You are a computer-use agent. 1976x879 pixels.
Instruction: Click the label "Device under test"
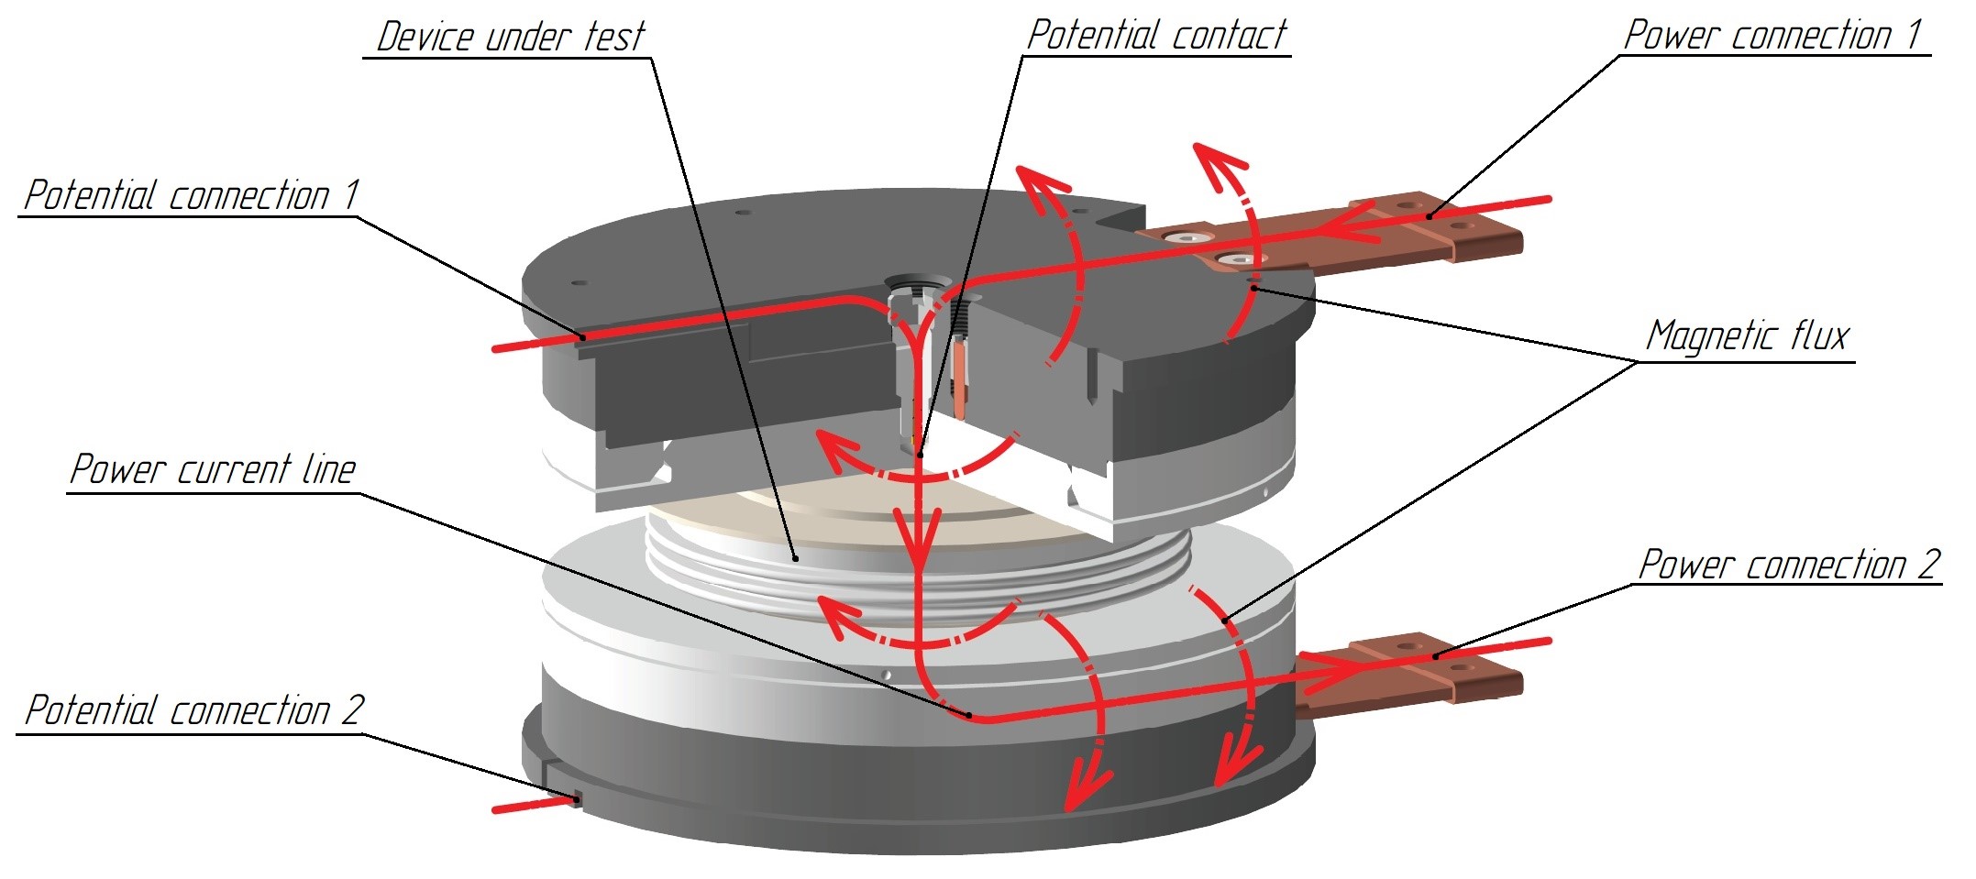point(510,37)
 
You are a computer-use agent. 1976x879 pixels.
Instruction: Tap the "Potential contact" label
point(1156,35)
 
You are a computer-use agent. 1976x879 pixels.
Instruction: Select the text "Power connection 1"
point(1773,35)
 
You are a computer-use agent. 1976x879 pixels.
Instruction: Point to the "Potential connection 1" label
point(191,195)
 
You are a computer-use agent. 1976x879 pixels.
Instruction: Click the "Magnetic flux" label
point(1748,335)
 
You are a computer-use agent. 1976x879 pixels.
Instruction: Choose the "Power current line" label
point(213,469)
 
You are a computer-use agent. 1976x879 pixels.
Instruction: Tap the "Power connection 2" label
point(1788,565)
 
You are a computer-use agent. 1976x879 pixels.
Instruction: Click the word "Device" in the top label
point(427,37)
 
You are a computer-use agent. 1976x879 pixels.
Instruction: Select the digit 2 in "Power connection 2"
point(1927,565)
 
